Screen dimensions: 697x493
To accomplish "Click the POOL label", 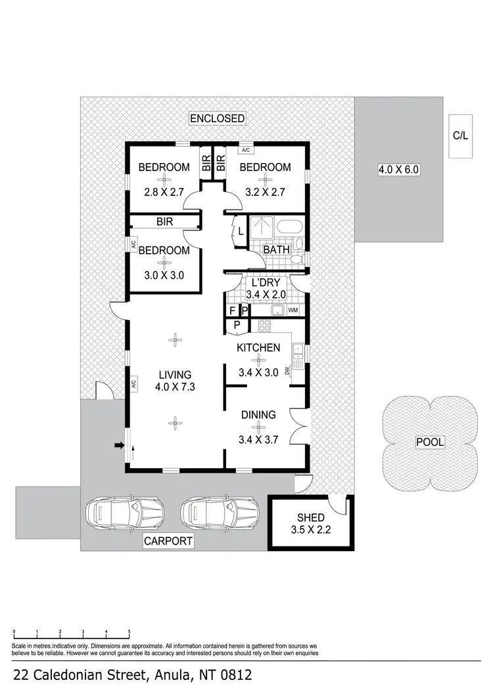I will [430, 442].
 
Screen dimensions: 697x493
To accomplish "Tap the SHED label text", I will [310, 518].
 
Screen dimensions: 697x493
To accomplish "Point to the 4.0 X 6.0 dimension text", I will [398, 170].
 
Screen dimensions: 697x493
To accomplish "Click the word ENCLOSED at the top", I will [217, 119].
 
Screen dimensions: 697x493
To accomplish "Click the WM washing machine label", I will [293, 310].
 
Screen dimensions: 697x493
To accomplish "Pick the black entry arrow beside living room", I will [120, 446].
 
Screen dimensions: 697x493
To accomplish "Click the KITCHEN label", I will [259, 348].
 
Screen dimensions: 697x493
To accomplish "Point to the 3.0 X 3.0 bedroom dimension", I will [163, 276].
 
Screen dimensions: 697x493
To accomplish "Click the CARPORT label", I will [169, 541].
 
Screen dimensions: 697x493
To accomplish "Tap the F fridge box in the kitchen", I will [232, 310].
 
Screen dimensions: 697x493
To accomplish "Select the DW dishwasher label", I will [289, 371].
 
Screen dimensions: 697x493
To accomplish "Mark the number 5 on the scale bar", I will [129, 632].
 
